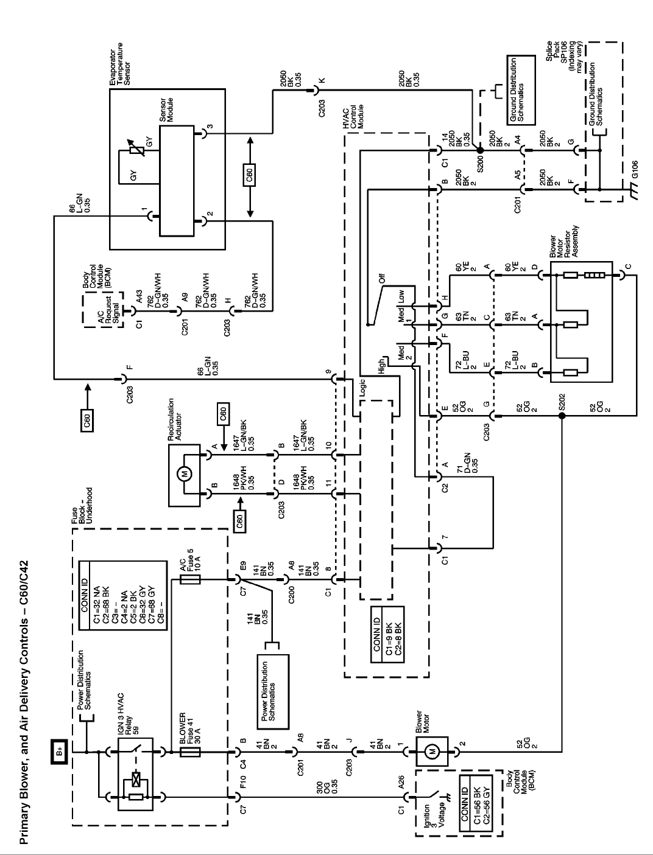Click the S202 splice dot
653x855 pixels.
click(562, 416)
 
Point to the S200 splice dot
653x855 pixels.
click(480, 149)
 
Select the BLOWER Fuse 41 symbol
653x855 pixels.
click(192, 752)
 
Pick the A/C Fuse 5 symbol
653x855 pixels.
click(192, 581)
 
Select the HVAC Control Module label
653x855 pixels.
click(352, 117)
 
